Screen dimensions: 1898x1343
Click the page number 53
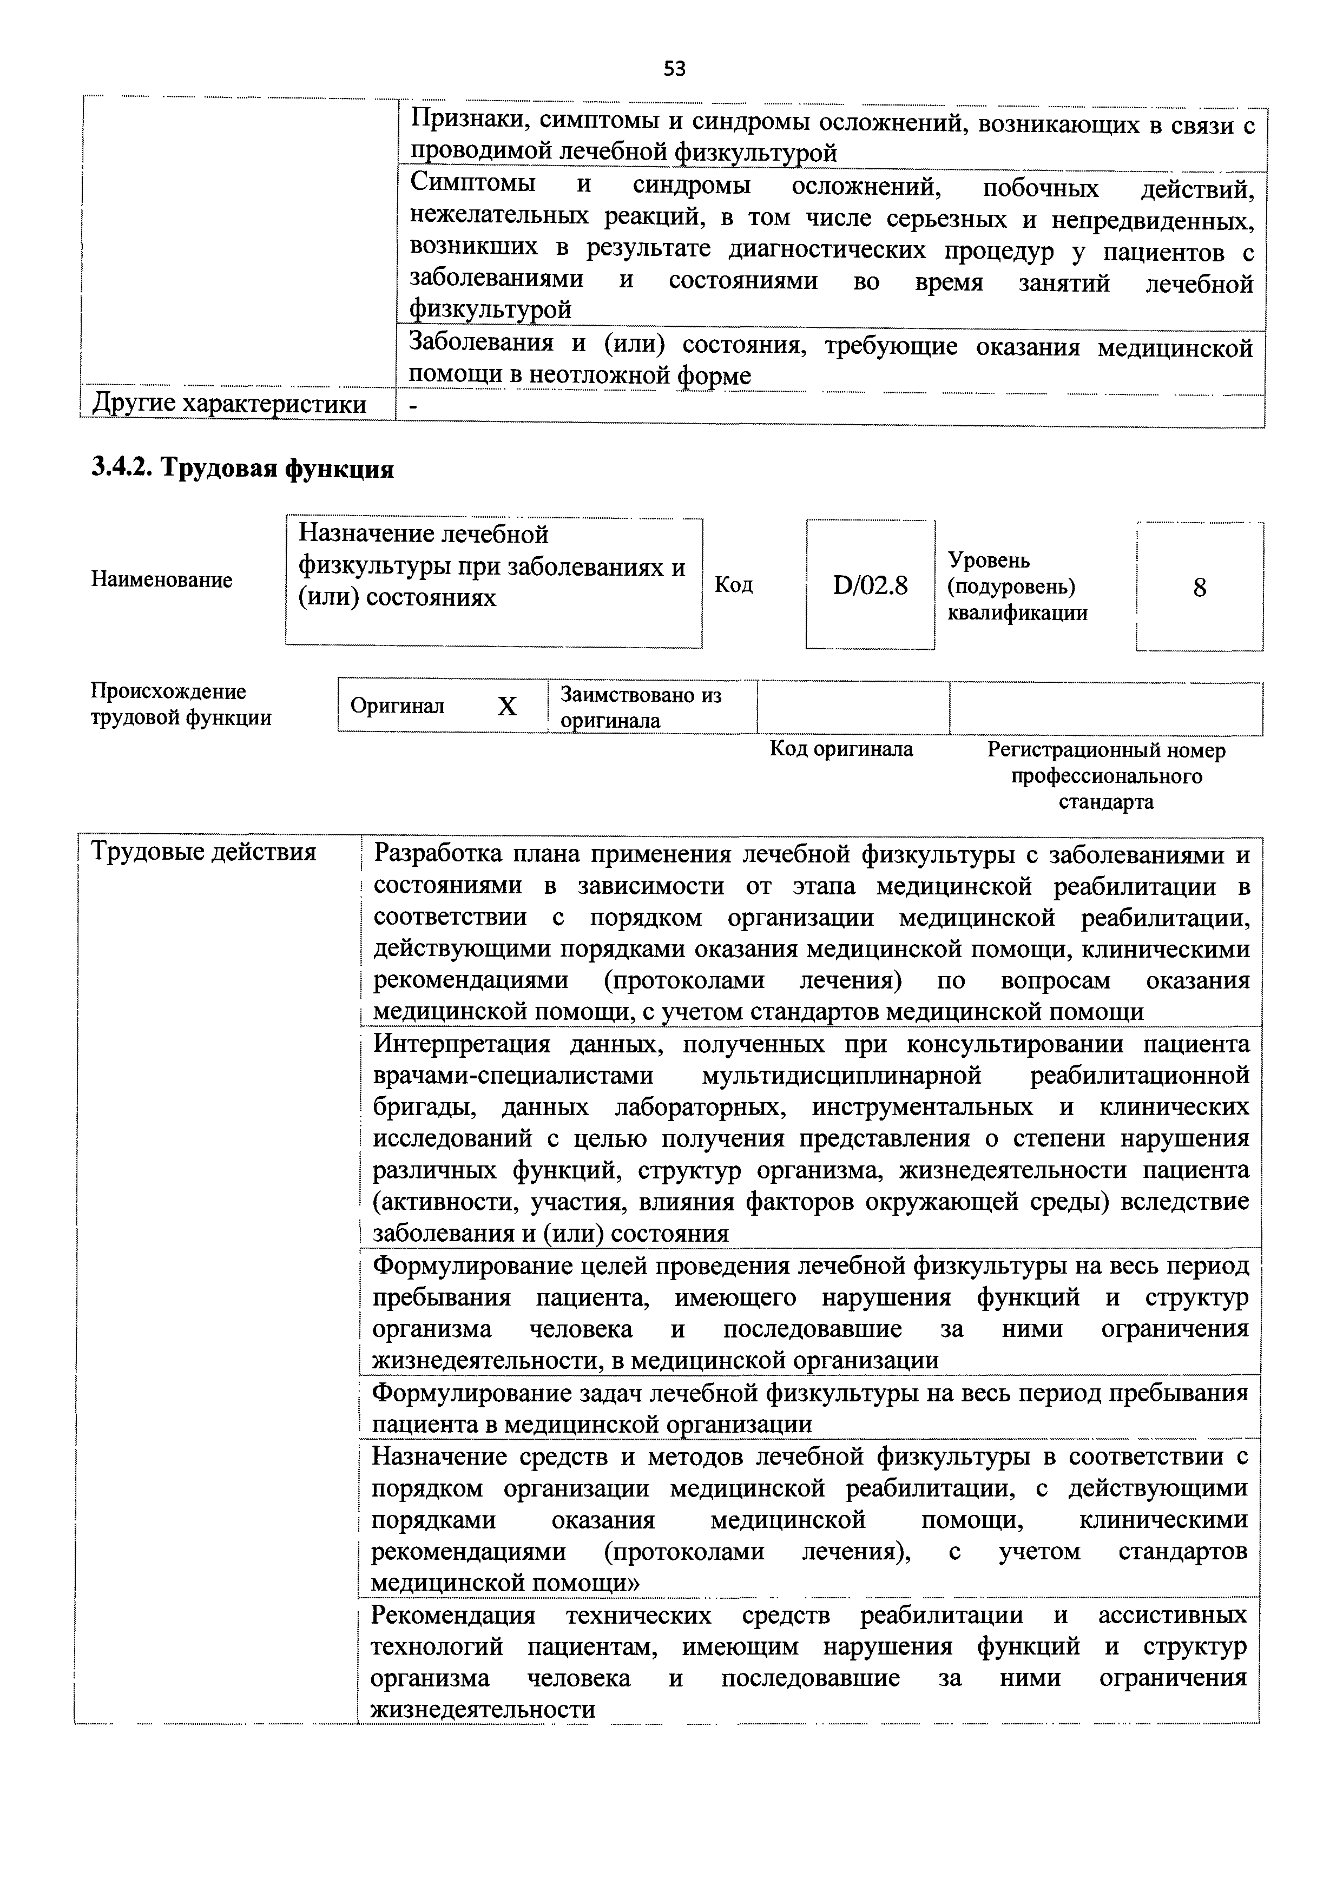pos(674,69)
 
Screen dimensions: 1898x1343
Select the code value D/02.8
pos(870,586)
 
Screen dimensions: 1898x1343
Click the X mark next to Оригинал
pos(507,707)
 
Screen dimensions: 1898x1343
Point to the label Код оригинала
pos(841,749)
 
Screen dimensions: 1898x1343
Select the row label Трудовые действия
pos(203,852)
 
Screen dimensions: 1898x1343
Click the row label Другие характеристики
pos(228,404)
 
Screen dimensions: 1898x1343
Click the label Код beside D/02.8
pos(734,585)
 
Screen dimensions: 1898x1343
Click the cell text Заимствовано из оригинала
pos(641,707)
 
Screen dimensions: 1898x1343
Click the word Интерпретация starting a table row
pos(462,1045)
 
